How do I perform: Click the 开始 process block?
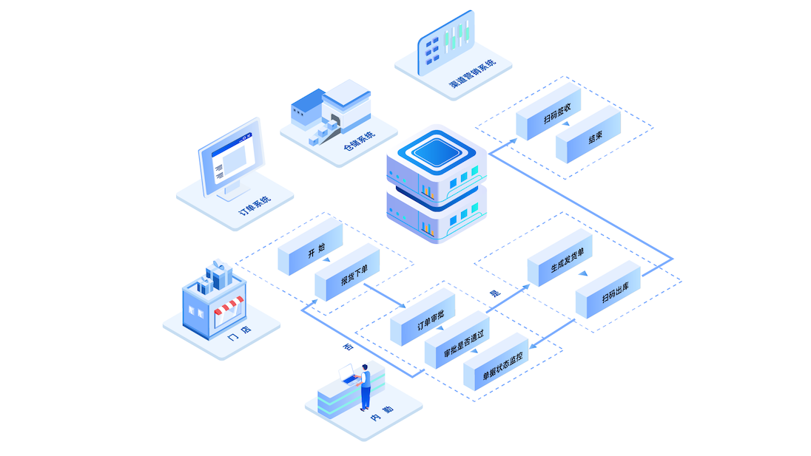tap(310, 248)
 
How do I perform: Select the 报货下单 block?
tap(348, 273)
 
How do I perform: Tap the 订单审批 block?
tap(423, 318)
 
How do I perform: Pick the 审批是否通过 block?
tap(457, 340)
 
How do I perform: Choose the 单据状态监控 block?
tap(496, 362)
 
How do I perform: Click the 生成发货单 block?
tap(560, 258)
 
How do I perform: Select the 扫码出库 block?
tap(608, 290)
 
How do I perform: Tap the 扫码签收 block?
tap(549, 112)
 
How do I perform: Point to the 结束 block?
tap(588, 135)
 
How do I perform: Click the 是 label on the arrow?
tap(495, 293)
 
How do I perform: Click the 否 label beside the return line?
tap(349, 347)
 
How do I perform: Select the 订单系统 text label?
tap(255, 205)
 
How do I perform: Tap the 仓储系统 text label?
tap(359, 141)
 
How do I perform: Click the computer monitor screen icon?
tap(231, 157)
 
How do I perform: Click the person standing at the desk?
tap(365, 387)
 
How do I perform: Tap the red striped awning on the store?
tap(228, 305)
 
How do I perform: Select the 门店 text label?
tap(240, 333)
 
